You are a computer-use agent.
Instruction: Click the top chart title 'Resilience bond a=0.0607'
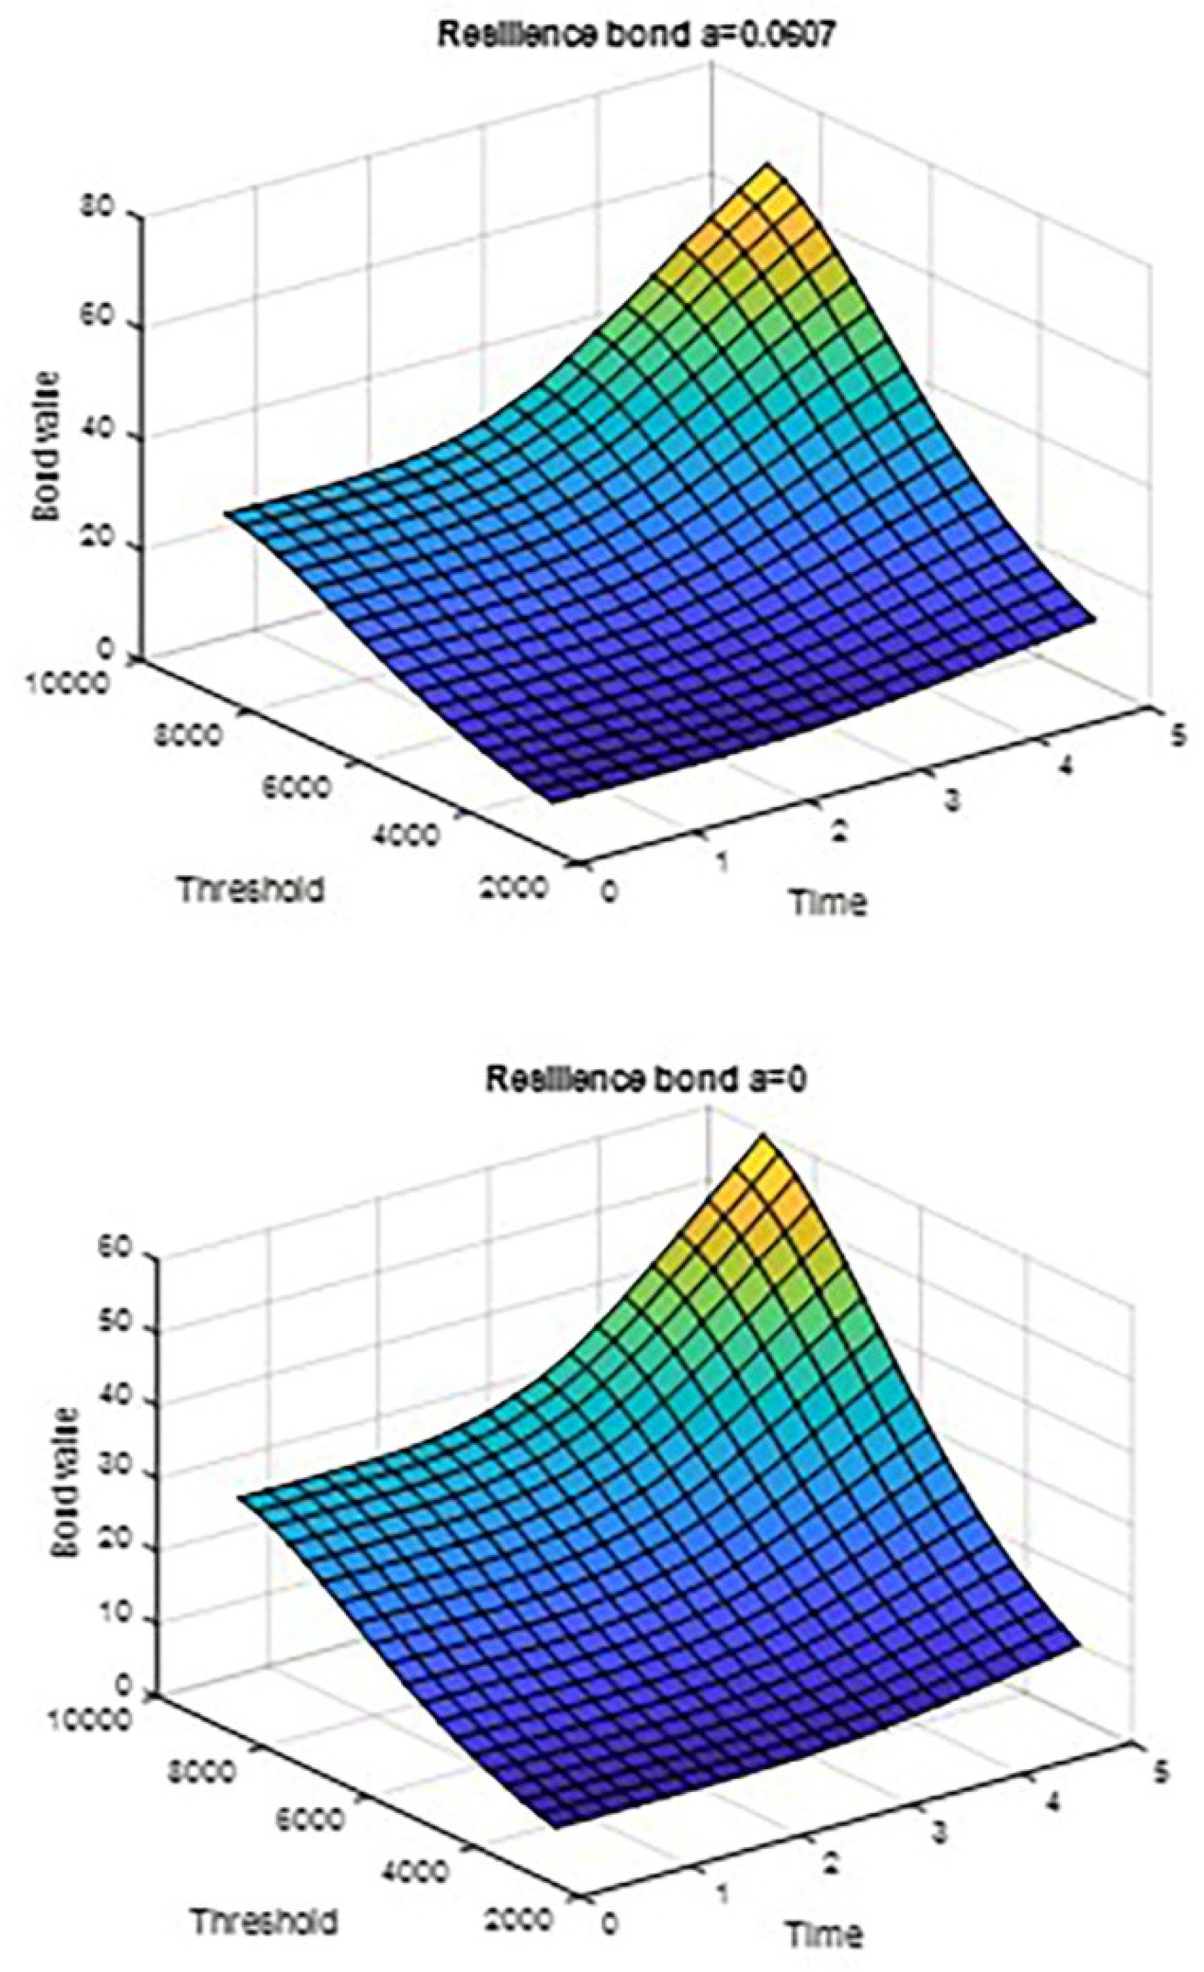tap(628, 38)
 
